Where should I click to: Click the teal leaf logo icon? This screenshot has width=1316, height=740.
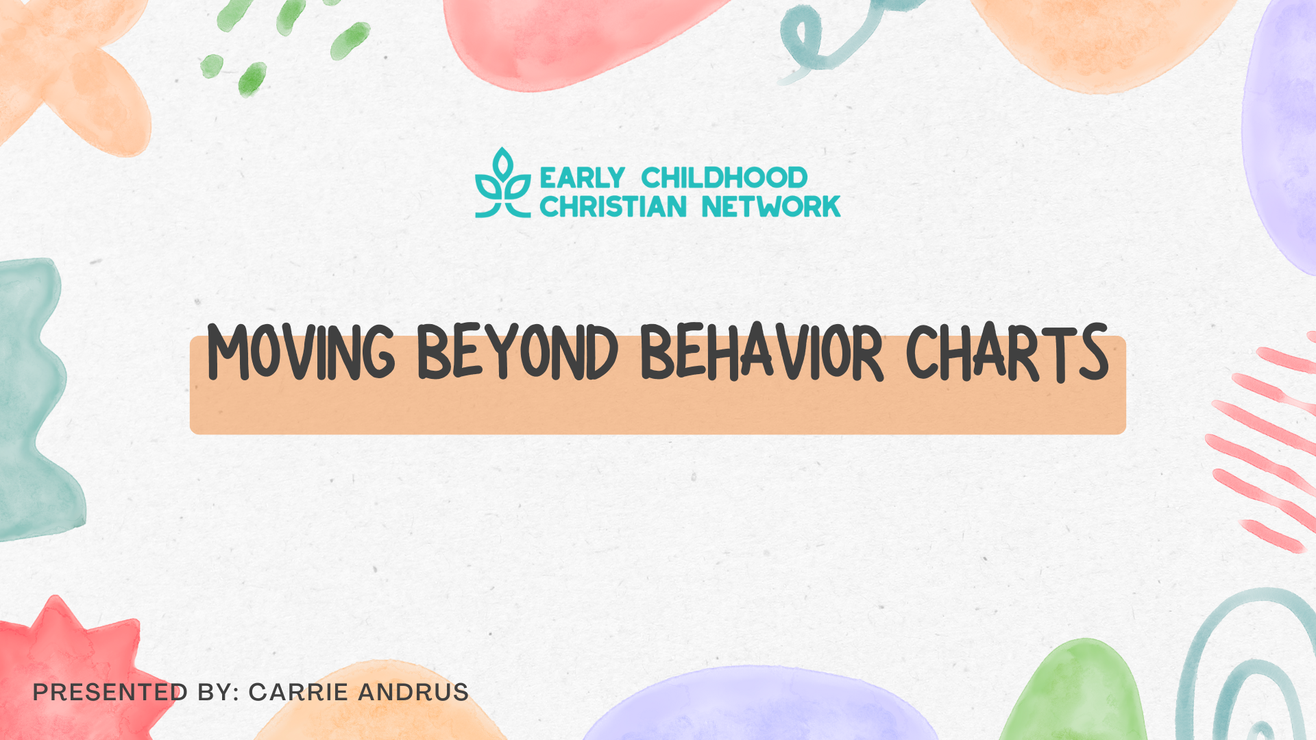pos(502,184)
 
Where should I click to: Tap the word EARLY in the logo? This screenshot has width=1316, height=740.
pos(582,178)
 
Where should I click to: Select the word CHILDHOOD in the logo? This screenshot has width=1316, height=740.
pos(724,178)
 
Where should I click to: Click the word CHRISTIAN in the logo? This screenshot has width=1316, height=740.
pos(613,207)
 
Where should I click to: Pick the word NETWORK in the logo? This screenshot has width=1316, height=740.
pos(771,207)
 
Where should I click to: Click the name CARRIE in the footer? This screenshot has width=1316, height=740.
pos(298,692)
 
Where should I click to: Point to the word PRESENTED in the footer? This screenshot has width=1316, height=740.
pos(110,692)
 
